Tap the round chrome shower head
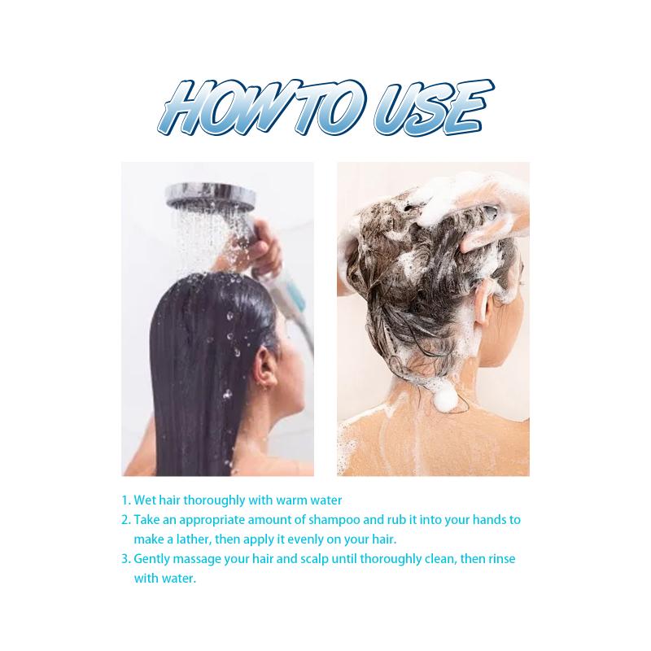click(x=211, y=196)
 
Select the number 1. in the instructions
click(x=126, y=500)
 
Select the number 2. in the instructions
click(x=126, y=520)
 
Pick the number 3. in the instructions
click(x=126, y=559)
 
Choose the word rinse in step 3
click(x=500, y=559)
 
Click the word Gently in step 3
click(x=152, y=560)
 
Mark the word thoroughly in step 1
click(x=214, y=500)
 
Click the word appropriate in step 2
click(x=212, y=521)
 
